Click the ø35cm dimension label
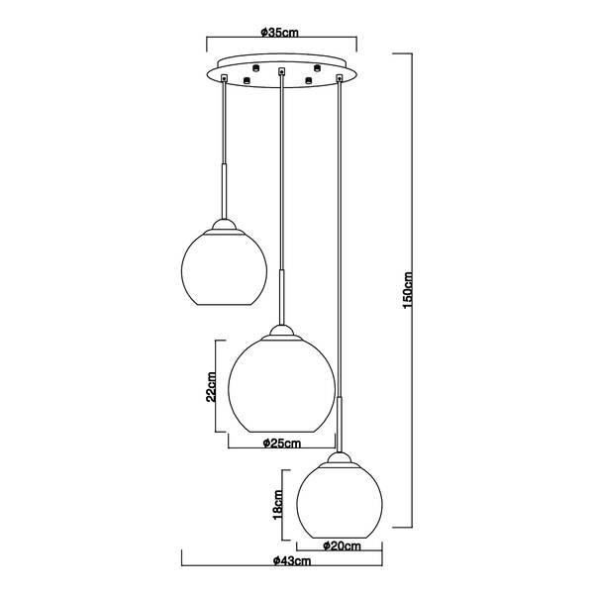point(280,33)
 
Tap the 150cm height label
point(407,290)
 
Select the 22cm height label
point(211,386)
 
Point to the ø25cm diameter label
point(282,443)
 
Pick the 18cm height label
point(278,505)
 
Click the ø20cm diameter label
point(343,545)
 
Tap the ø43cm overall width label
point(292,560)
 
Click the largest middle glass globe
point(281,385)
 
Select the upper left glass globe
point(225,268)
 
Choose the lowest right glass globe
point(340,502)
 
